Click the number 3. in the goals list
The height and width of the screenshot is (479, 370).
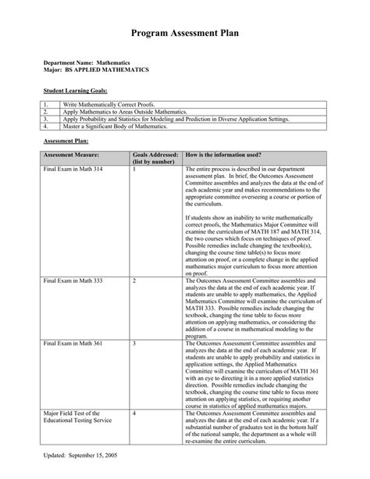pos(47,118)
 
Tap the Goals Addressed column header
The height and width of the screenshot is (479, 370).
pos(155,159)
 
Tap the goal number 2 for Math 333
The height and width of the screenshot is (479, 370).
pos(134,280)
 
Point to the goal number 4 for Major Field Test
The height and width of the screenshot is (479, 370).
pos(134,412)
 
